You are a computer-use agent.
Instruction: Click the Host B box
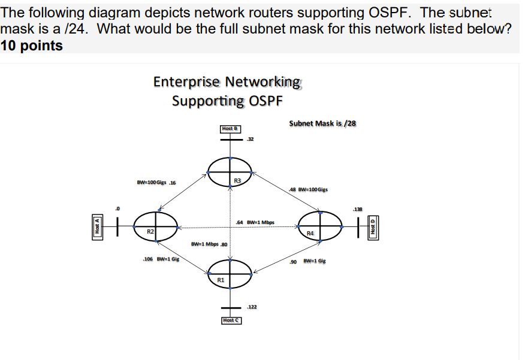[x=230, y=128]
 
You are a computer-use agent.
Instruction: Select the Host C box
[x=231, y=320]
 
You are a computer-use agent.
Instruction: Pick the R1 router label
[x=221, y=280]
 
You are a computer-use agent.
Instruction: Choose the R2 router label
[x=151, y=230]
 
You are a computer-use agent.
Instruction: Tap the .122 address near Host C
[x=252, y=307]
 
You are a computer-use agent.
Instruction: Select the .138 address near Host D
[x=358, y=209]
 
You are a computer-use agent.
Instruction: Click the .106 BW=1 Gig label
[x=161, y=259]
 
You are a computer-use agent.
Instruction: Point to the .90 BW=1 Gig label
[x=308, y=262]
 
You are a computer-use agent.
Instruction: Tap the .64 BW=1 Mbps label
[x=255, y=222]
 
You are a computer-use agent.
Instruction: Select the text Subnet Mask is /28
[x=322, y=123]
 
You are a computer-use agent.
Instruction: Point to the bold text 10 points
[x=32, y=46]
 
